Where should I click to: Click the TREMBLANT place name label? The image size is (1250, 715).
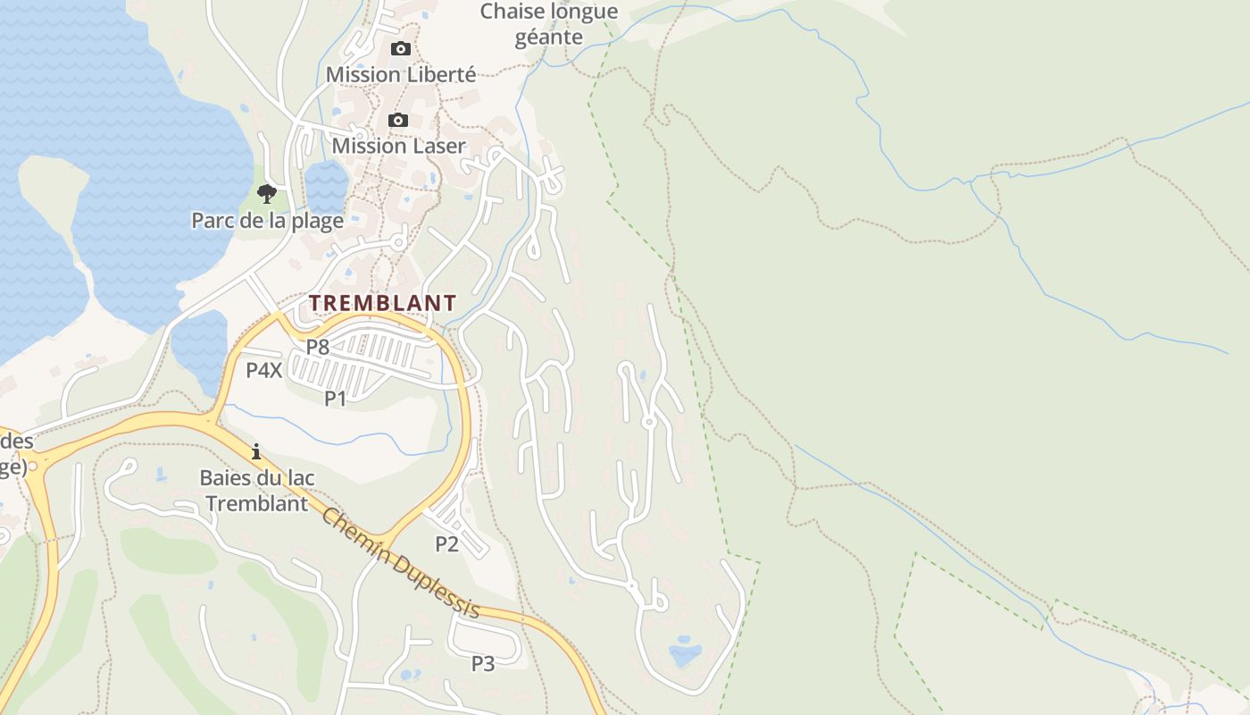[383, 303]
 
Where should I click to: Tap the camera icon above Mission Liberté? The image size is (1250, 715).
[401, 48]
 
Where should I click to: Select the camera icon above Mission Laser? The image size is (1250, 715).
[398, 120]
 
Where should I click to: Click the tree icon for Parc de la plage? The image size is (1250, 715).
[266, 193]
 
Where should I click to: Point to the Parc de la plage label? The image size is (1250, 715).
[267, 221]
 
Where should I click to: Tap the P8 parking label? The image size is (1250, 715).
[318, 347]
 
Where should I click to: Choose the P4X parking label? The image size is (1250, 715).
[264, 370]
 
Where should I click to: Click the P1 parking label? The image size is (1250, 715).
[335, 398]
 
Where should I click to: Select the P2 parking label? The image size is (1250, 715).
[446, 543]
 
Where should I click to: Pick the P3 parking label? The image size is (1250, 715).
[483, 663]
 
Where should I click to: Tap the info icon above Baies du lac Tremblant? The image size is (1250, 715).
[256, 451]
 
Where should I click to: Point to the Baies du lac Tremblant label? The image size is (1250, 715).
[256, 491]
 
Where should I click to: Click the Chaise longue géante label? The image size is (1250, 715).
[549, 24]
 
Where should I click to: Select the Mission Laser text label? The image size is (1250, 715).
[398, 146]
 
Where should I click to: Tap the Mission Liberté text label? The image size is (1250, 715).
[401, 74]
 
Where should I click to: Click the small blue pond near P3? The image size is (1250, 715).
[411, 674]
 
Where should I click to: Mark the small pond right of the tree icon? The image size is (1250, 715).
[326, 183]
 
